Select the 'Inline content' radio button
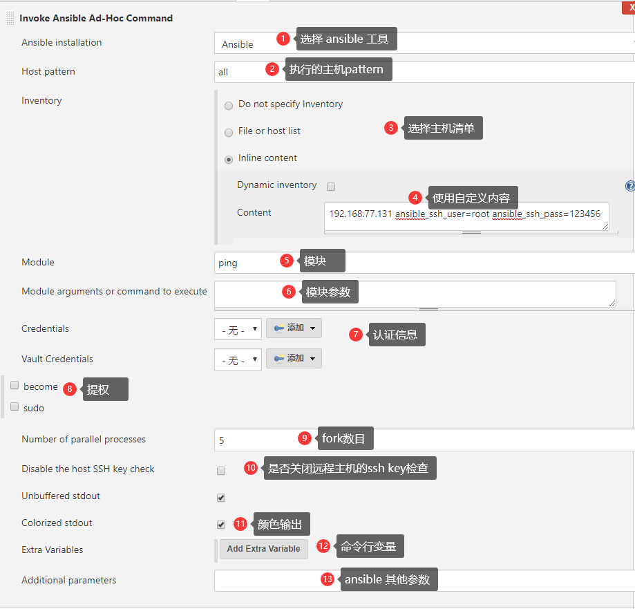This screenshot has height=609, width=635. (x=229, y=160)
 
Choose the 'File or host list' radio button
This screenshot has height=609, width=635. (x=229, y=133)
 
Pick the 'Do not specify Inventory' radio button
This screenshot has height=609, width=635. (x=229, y=106)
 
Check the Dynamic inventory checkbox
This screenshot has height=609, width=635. (x=331, y=187)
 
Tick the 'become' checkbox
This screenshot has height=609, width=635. (x=15, y=385)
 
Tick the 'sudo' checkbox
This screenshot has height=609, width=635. (x=15, y=406)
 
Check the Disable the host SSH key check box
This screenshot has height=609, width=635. (x=221, y=471)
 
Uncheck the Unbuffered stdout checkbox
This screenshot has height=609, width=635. (x=221, y=498)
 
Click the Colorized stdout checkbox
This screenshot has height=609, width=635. (x=221, y=524)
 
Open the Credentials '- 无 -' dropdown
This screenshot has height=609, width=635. (x=238, y=329)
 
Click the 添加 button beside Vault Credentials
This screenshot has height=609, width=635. (x=294, y=359)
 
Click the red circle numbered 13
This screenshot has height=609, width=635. (x=328, y=579)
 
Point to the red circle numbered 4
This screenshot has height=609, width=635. (x=415, y=198)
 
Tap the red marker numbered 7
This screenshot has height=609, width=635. (x=356, y=335)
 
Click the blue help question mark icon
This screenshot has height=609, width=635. (x=630, y=186)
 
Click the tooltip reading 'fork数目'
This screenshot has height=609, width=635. (x=345, y=438)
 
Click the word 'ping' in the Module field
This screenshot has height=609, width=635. (x=227, y=263)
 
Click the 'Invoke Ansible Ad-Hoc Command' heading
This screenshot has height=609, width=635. (x=96, y=18)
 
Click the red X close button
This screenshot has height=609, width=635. (x=629, y=8)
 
